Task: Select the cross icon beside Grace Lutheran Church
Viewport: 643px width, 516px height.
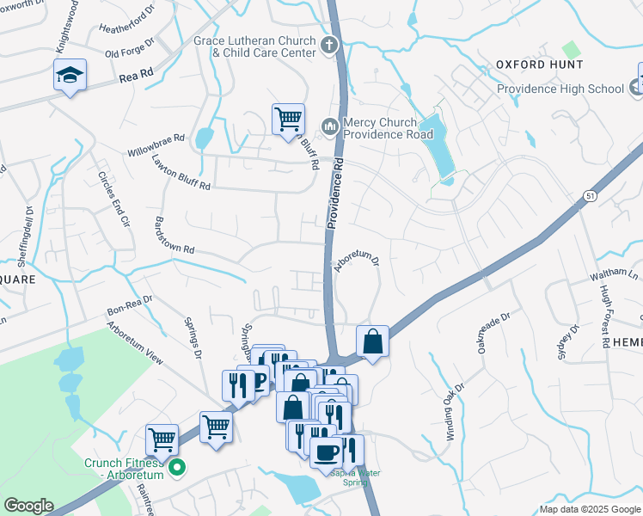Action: point(328,45)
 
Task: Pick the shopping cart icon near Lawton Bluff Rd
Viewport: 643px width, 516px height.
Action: point(288,119)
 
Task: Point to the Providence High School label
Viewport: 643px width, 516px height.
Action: point(560,89)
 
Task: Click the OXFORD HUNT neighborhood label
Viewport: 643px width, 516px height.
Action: point(539,64)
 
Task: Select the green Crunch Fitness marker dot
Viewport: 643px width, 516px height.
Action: point(178,470)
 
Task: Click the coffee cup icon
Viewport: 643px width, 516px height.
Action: point(326,452)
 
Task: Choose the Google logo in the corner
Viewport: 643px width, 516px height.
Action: point(28,506)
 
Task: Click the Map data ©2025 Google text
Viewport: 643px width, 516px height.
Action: point(590,509)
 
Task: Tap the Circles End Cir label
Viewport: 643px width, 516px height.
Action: point(113,198)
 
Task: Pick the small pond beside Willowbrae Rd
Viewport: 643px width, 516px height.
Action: point(205,138)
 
